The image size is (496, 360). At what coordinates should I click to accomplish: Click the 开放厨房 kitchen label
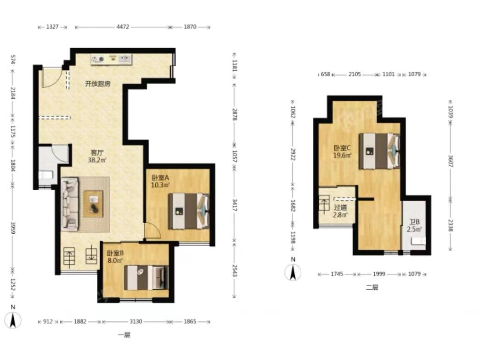pos(98,84)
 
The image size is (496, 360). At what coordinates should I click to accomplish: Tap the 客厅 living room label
pos(97,153)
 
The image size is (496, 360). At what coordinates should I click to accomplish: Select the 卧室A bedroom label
pos(160,178)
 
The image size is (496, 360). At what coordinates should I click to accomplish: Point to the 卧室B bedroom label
pos(115,253)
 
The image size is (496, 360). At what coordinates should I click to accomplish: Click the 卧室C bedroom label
pos(342,148)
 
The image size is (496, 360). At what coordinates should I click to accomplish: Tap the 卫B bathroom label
pos(414,222)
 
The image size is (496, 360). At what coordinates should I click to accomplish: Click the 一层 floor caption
pos(124,335)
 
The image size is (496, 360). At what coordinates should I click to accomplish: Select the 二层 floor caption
pos(372,287)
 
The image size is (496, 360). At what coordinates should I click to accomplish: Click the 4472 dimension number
pos(123,27)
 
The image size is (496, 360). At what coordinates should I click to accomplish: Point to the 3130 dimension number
pos(135,321)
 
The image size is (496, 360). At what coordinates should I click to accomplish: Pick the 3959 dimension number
pos(13,228)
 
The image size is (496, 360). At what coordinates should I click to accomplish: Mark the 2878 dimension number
pos(234,114)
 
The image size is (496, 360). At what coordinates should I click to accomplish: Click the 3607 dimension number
pos(451,161)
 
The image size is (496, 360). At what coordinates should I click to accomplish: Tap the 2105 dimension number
pos(355,74)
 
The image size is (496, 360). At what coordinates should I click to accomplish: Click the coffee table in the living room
pos(93,204)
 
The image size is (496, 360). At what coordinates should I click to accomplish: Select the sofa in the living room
pos(70,204)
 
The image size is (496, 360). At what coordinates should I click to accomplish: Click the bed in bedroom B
pos(146,278)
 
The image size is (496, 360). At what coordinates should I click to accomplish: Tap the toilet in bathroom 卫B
pos(418,242)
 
